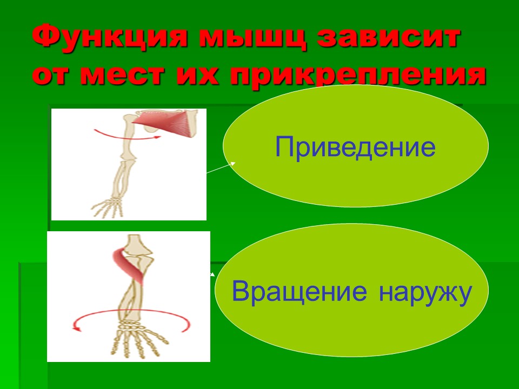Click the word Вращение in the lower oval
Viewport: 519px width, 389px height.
click(299, 292)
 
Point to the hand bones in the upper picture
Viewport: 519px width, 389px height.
click(108, 206)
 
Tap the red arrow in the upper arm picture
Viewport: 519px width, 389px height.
click(127, 135)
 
